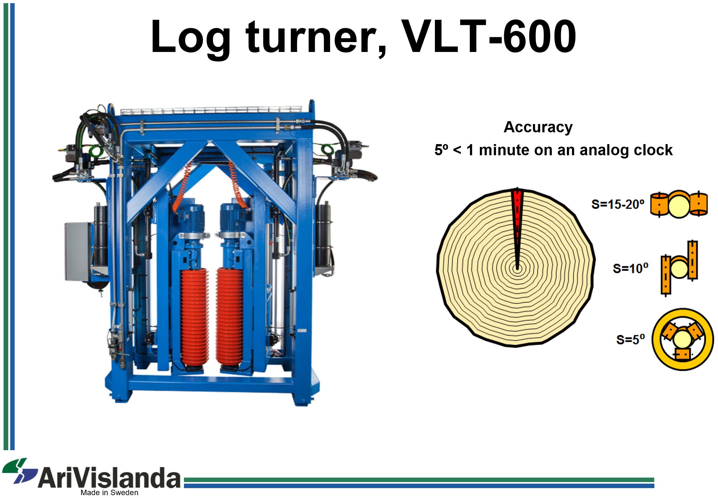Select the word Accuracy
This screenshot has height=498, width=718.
[x=538, y=127]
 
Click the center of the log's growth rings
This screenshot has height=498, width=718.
[x=517, y=268]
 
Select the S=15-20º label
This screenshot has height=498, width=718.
[x=618, y=204]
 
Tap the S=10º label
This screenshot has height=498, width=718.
[x=630, y=268]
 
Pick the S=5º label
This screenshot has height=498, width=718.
[x=630, y=340]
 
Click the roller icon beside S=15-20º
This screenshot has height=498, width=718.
[x=679, y=204]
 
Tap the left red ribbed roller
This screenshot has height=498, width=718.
[x=194, y=318]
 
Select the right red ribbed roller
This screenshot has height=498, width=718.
[x=230, y=318]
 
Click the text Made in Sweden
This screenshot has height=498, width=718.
[x=109, y=493]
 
